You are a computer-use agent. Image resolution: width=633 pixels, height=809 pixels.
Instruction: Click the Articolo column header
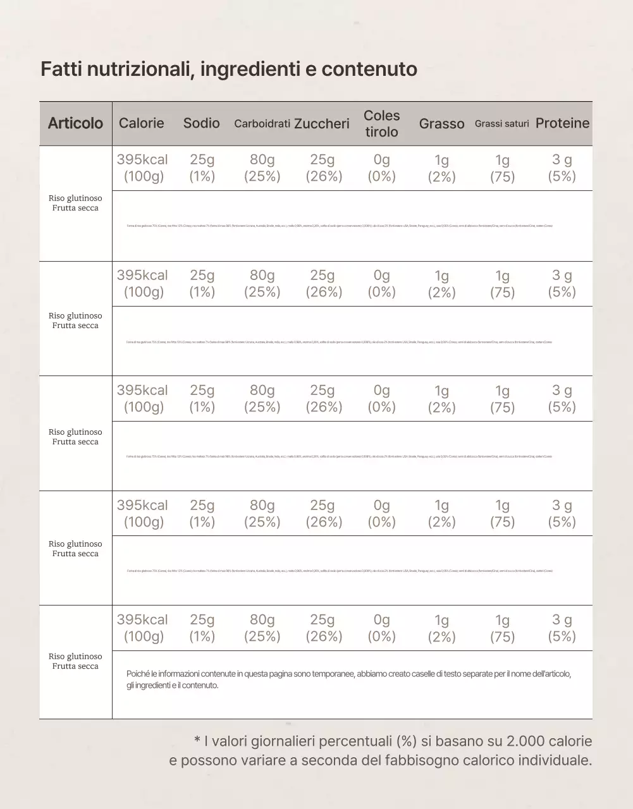[75, 123]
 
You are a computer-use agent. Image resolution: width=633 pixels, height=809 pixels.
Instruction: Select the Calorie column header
[141, 123]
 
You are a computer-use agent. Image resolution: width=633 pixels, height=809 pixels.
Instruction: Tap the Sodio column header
[202, 123]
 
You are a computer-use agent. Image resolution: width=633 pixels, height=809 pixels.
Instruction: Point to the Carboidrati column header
[262, 124]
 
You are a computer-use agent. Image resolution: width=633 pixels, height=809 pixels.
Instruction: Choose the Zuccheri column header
[322, 124]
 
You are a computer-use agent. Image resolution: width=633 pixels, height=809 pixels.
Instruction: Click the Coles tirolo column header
[382, 124]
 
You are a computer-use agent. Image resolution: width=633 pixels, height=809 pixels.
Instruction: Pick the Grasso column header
[441, 124]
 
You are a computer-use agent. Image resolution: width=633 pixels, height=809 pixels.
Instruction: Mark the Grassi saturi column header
[502, 124]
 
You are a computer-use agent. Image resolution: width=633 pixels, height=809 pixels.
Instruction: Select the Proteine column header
[562, 123]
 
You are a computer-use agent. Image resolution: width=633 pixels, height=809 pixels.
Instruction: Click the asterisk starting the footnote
[197, 739]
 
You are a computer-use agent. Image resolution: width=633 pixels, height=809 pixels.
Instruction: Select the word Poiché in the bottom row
[137, 674]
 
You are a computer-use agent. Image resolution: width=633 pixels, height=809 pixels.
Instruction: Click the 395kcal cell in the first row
[142, 160]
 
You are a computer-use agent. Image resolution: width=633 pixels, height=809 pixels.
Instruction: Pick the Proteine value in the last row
[562, 628]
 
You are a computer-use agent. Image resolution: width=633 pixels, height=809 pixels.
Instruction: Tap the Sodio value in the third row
[202, 398]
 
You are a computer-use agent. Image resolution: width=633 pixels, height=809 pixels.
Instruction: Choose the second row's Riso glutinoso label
[75, 316]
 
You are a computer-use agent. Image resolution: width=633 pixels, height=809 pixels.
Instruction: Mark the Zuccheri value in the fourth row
[323, 513]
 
